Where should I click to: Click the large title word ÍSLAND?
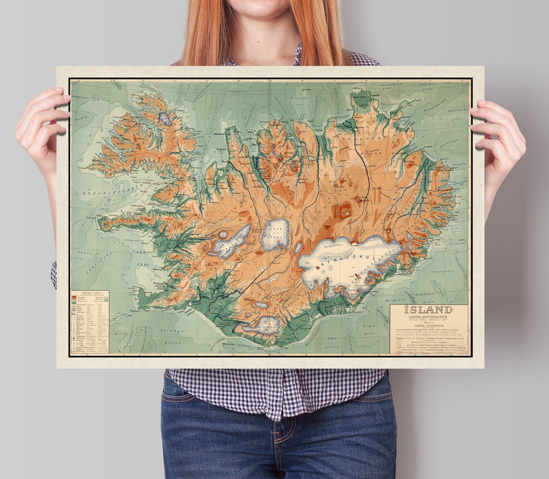pyautogui.click(x=428, y=310)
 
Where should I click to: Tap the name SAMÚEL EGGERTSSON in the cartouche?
pyautogui.click(x=428, y=326)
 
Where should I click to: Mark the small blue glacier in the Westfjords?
pyautogui.click(x=165, y=118)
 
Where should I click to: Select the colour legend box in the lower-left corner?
pyautogui.click(x=90, y=322)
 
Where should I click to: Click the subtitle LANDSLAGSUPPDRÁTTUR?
pyautogui.click(x=428, y=317)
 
